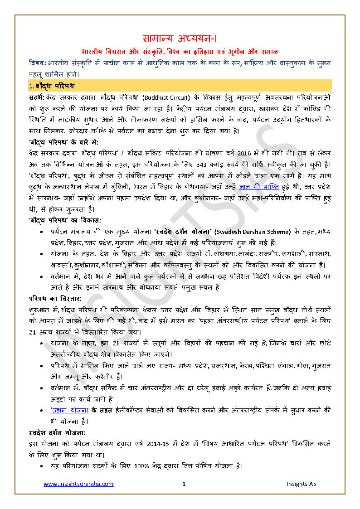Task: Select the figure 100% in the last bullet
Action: tap(142, 465)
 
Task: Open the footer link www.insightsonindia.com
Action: tap(78, 484)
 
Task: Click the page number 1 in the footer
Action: tap(184, 484)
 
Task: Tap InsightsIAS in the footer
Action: tap(301, 484)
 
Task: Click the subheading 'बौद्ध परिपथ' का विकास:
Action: tap(64, 220)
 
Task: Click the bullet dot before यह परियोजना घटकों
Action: tap(42, 465)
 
